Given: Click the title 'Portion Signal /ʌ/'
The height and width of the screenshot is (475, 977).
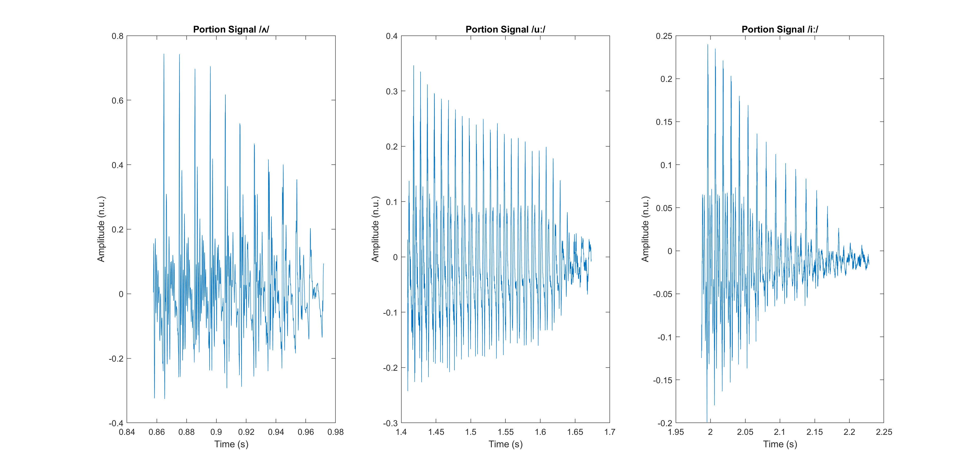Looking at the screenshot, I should [x=231, y=29].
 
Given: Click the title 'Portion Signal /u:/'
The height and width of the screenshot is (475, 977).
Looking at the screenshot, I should [x=505, y=29].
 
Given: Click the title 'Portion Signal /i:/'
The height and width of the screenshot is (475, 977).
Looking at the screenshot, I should [x=780, y=29].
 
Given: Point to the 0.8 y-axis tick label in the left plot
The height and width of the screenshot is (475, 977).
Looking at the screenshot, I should [x=118, y=36].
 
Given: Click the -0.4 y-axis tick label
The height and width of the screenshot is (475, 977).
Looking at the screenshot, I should [x=116, y=423].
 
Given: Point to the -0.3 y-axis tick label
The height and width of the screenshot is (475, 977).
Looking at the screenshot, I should [x=390, y=423].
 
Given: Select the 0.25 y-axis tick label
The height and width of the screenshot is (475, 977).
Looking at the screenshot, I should [x=664, y=36].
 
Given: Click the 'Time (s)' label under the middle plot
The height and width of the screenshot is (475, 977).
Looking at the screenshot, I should [x=505, y=444].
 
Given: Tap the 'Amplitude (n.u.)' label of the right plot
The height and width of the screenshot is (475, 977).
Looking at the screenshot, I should [x=645, y=229].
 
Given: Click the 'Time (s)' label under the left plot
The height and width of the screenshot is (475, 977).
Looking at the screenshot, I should [x=231, y=444].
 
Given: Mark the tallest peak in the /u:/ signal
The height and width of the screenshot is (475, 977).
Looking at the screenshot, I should [x=413, y=66].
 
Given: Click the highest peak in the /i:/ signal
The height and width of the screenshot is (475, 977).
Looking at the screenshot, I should [x=707, y=45].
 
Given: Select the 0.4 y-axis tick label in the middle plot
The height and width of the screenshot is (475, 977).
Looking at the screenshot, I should [x=392, y=36].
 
